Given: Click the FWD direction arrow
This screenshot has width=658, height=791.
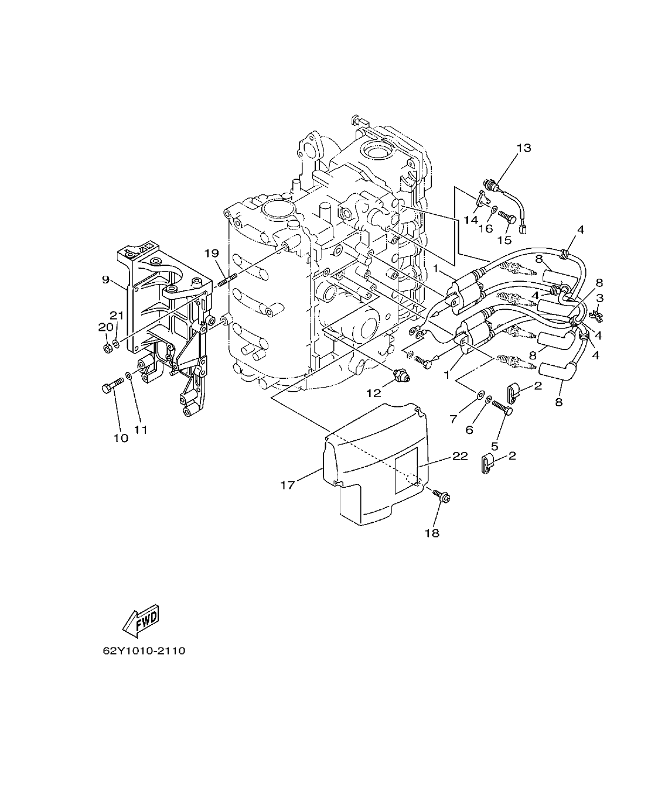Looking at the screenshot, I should pyautogui.click(x=141, y=622).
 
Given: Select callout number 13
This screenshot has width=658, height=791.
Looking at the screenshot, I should pyautogui.click(x=523, y=148).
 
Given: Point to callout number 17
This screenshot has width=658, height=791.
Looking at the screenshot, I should pyautogui.click(x=288, y=485).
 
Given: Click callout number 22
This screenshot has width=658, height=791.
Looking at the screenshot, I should pyautogui.click(x=460, y=456).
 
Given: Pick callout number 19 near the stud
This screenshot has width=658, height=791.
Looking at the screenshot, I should pyautogui.click(x=212, y=254).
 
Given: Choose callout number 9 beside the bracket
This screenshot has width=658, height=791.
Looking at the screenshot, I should pyautogui.click(x=106, y=279).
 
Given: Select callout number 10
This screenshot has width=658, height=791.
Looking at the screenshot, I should pyautogui.click(x=120, y=438).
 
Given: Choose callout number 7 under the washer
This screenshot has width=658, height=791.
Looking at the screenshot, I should pyautogui.click(x=453, y=419).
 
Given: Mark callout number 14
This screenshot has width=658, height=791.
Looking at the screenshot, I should pyautogui.click(x=471, y=220).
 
